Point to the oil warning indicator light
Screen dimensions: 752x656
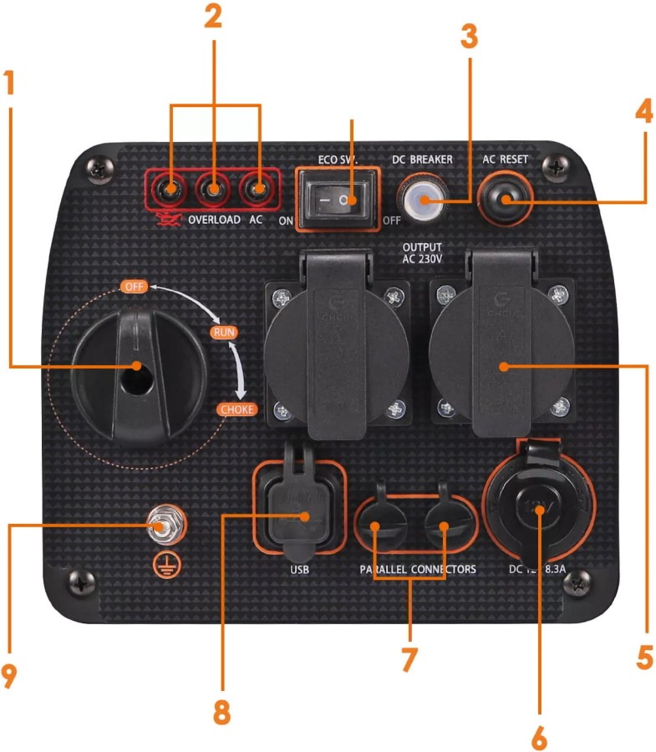pyautogui.click(x=171, y=191)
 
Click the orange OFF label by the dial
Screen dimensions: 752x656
pyautogui.click(x=134, y=287)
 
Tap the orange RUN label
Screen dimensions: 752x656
pyautogui.click(x=223, y=333)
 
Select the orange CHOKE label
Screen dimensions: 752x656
pyautogui.click(x=236, y=409)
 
